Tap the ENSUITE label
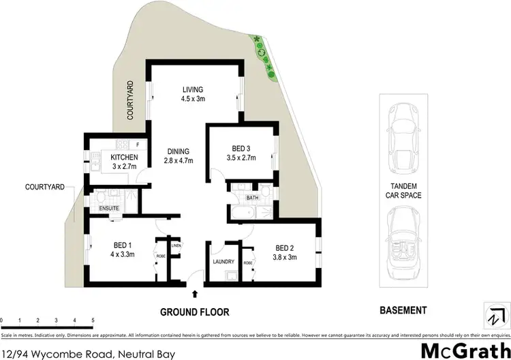tap(109, 208)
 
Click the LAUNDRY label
tap(223, 262)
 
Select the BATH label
tap(252, 199)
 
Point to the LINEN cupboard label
tap(176, 245)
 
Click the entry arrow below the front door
tap(196, 295)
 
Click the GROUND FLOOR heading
tap(194, 312)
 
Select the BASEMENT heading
tap(403, 310)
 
